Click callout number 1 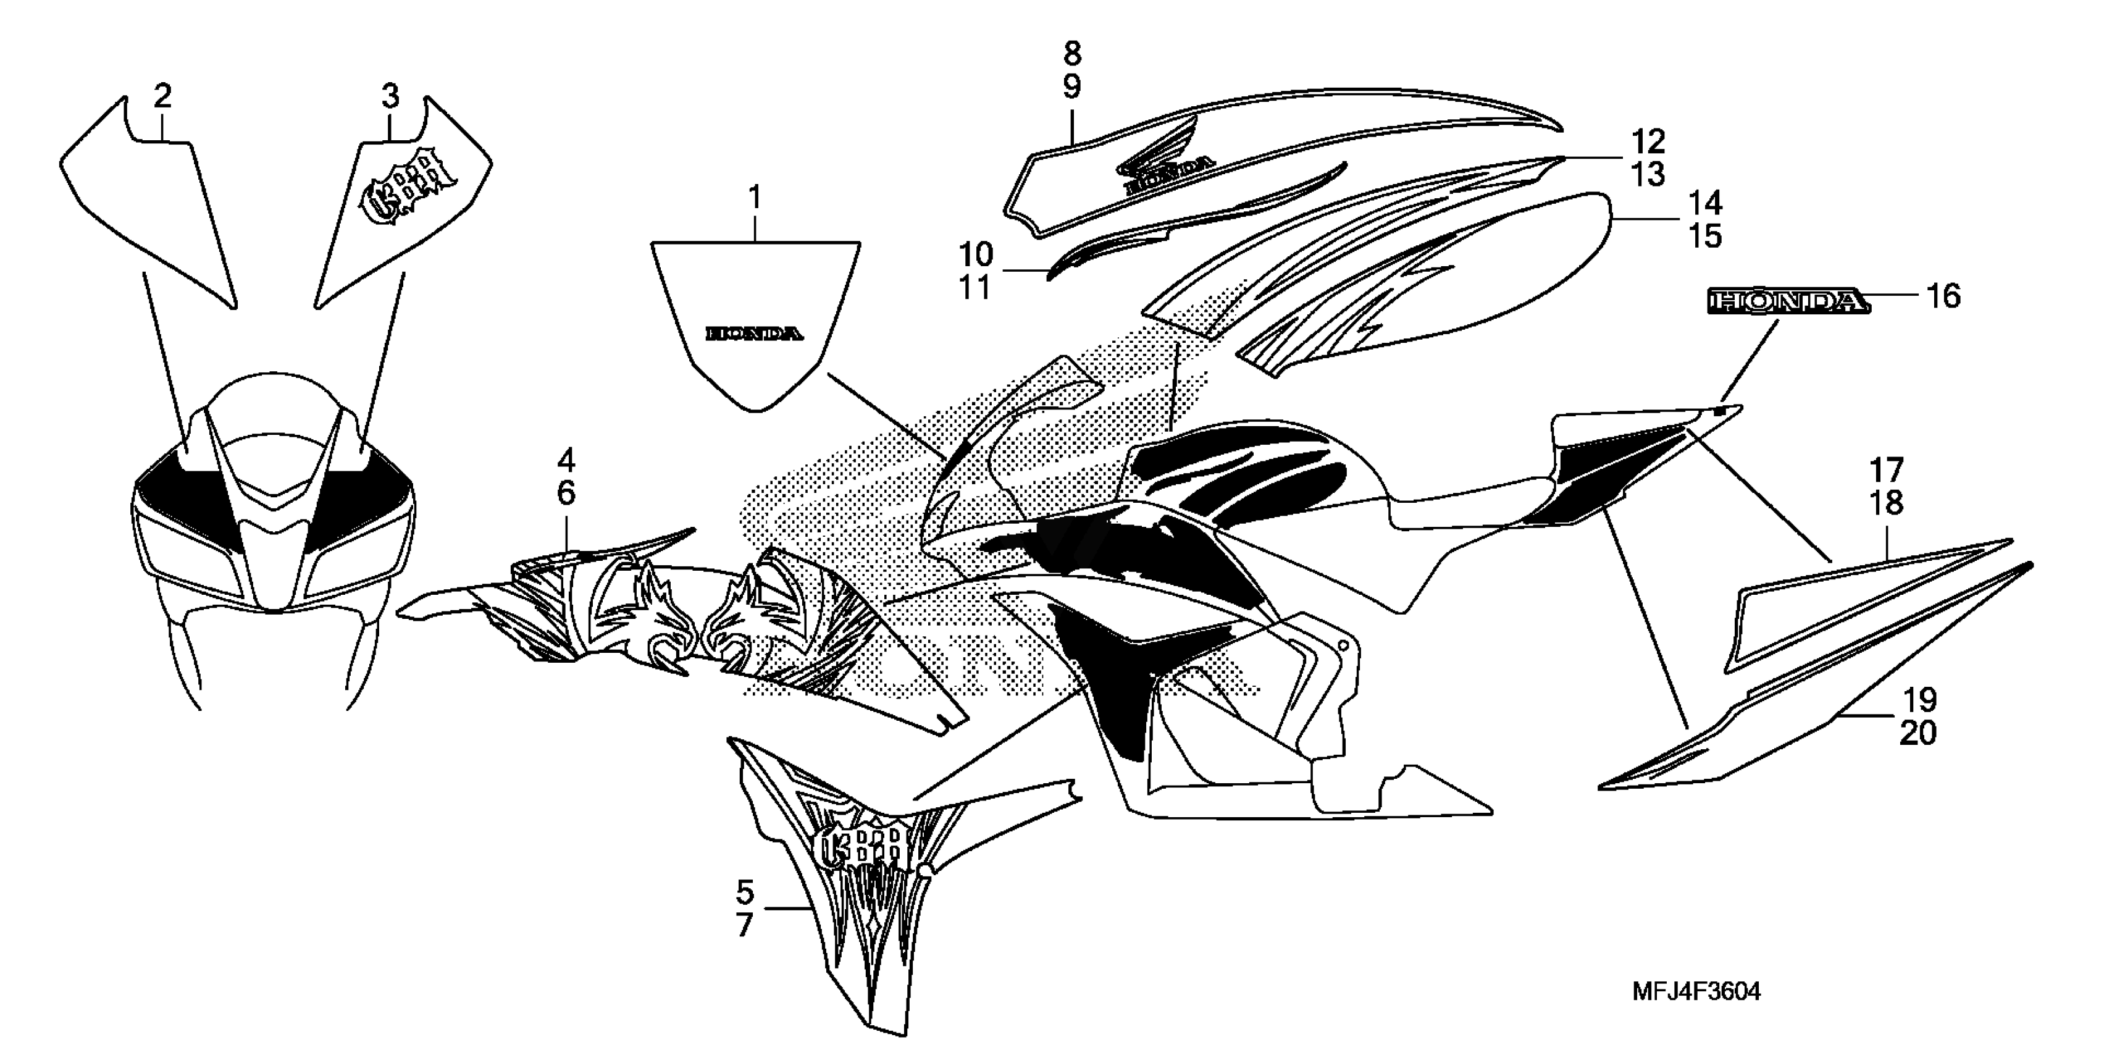(x=755, y=198)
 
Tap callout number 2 (x=162, y=96)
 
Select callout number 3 (x=390, y=96)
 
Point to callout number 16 (x=1944, y=296)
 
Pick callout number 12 (x=1648, y=141)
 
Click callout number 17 (x=1887, y=470)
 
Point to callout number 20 (x=1917, y=734)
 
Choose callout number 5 (x=745, y=891)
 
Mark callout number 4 (x=566, y=461)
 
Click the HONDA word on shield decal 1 (x=754, y=334)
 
